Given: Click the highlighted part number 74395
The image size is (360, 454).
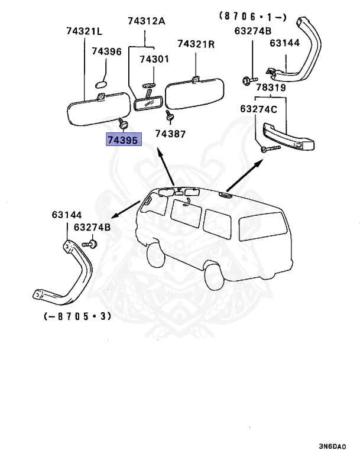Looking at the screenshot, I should (122, 140).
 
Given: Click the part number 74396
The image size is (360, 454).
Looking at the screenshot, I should (106, 52).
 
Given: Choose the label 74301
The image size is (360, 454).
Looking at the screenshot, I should (154, 59).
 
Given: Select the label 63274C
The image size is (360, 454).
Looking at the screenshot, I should (258, 109).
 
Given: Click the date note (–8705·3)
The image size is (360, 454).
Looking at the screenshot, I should (77, 317).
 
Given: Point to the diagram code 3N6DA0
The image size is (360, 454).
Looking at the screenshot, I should (338, 446).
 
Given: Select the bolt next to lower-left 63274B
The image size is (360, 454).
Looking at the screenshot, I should (91, 242).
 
